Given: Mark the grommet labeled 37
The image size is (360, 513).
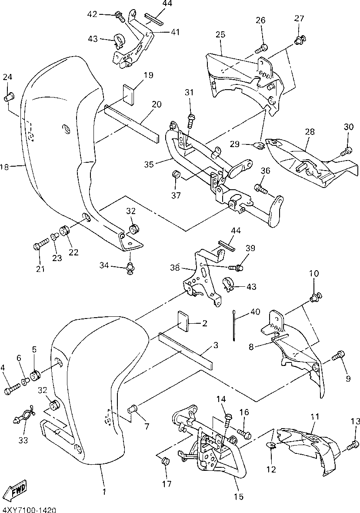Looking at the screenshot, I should pyautogui.click(x=177, y=174).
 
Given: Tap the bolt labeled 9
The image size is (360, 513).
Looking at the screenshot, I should pyautogui.click(x=338, y=356).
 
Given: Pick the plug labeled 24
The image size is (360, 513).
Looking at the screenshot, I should pyautogui.click(x=10, y=96).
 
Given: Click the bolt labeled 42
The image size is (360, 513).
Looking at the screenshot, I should pyautogui.click(x=119, y=17).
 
